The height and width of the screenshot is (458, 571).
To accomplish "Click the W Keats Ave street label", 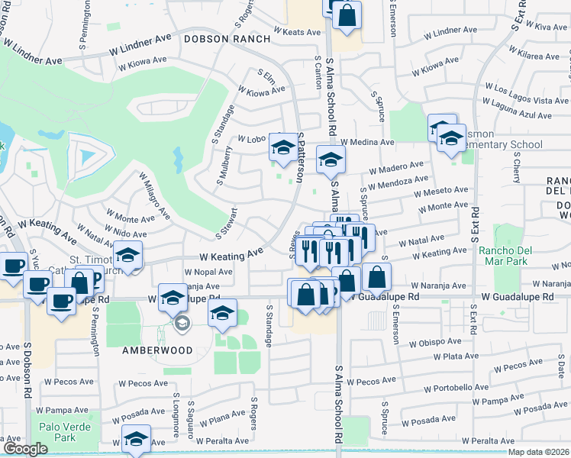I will tap(298, 32).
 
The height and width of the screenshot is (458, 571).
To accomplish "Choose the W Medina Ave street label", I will tap(367, 142).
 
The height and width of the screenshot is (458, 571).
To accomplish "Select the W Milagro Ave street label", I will tap(153, 194).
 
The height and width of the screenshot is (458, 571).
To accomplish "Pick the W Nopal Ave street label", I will tap(208, 272).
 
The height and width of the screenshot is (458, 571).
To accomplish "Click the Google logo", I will tap(25, 449).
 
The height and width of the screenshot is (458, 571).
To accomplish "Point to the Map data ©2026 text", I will tap(537, 452).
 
